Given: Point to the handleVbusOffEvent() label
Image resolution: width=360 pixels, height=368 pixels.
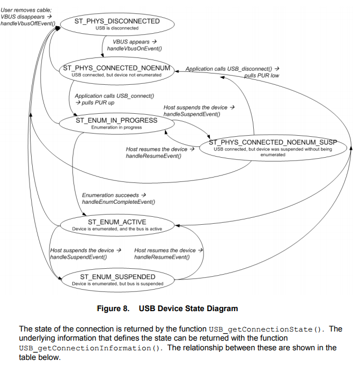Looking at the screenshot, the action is click(x=28, y=24).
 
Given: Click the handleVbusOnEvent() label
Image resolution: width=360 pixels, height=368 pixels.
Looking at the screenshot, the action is click(x=135, y=49).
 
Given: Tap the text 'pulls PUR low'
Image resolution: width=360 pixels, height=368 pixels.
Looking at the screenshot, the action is click(x=261, y=76).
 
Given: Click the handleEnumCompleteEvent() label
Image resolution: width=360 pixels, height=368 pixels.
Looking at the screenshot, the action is click(x=119, y=202).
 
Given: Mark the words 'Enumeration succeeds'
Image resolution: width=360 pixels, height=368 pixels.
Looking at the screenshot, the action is click(x=111, y=195).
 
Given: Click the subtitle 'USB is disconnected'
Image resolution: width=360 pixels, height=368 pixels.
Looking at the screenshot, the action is click(x=117, y=28).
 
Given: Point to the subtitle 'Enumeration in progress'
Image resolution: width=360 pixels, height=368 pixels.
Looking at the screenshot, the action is click(x=116, y=127).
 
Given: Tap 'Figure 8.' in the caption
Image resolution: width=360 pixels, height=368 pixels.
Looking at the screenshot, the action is click(x=113, y=308).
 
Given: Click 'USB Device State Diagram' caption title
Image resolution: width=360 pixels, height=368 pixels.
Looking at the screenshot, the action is click(x=188, y=308).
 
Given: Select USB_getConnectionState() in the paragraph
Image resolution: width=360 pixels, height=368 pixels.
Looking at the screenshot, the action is click(x=267, y=329).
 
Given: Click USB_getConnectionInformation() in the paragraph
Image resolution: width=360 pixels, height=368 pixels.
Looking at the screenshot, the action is click(x=91, y=348).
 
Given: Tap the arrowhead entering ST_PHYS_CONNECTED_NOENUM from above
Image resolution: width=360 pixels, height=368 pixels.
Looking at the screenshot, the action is click(x=102, y=55).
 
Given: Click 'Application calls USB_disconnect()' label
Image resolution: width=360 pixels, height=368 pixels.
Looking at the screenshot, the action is click(x=229, y=69).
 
